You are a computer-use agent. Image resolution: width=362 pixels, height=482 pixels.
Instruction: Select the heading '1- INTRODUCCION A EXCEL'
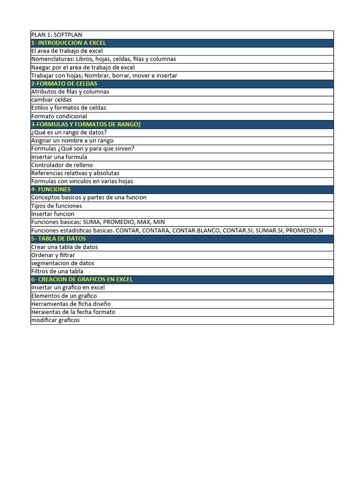(x=68, y=43)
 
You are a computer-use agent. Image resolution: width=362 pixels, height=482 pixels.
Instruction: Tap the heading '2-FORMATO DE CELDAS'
(x=64, y=84)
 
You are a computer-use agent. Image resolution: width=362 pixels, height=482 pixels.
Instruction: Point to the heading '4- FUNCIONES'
(x=51, y=189)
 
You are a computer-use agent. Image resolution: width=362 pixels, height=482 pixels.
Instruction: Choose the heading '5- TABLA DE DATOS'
(x=58, y=239)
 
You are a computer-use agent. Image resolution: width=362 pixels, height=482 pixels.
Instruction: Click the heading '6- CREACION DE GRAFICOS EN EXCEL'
(x=82, y=279)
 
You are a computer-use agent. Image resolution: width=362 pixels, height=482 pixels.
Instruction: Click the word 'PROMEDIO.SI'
(x=304, y=231)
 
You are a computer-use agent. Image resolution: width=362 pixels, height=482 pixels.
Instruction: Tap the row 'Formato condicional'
(x=59, y=116)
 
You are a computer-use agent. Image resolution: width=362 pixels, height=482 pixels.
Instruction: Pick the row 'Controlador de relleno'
(x=62, y=165)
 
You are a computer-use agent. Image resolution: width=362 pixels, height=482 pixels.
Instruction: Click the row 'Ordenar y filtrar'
(x=53, y=255)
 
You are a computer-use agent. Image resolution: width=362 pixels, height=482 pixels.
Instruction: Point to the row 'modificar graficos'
(x=55, y=320)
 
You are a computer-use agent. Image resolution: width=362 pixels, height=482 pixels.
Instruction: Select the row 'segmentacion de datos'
(x=63, y=263)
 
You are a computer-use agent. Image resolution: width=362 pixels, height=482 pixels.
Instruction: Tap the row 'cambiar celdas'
(x=51, y=100)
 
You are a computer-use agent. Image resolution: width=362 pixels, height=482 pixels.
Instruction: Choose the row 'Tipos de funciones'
(x=57, y=206)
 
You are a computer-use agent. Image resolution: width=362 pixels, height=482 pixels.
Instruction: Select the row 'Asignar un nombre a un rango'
(x=72, y=141)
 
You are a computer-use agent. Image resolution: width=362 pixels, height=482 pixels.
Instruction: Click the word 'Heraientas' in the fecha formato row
(x=45, y=312)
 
